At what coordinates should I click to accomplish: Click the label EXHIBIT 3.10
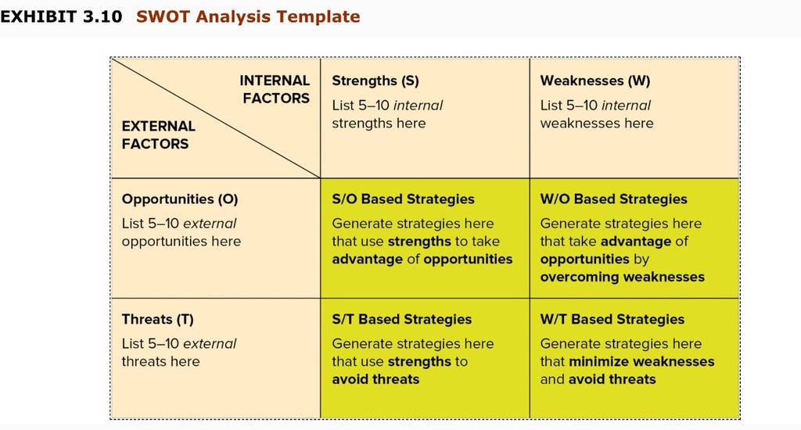61,16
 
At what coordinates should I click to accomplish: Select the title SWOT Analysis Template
248,17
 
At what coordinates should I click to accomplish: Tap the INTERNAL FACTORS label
275,89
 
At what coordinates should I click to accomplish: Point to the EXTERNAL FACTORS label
158,134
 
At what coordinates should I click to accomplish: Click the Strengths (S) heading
375,81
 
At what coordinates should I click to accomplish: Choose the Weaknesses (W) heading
595,81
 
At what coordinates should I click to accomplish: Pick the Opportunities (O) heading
180,199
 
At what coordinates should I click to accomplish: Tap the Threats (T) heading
158,320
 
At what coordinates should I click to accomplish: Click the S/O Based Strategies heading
403,199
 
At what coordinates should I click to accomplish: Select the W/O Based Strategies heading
613,199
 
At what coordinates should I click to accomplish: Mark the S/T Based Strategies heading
402,320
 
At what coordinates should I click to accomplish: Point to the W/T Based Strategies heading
612,320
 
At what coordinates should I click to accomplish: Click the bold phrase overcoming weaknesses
622,277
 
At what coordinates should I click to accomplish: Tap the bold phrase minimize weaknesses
641,361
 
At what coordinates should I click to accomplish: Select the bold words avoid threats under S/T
375,379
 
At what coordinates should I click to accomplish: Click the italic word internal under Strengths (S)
418,106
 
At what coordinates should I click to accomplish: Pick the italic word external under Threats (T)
210,344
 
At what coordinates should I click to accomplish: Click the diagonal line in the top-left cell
216,118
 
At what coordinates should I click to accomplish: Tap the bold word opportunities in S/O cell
468,260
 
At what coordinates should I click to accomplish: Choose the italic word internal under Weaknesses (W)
627,106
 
